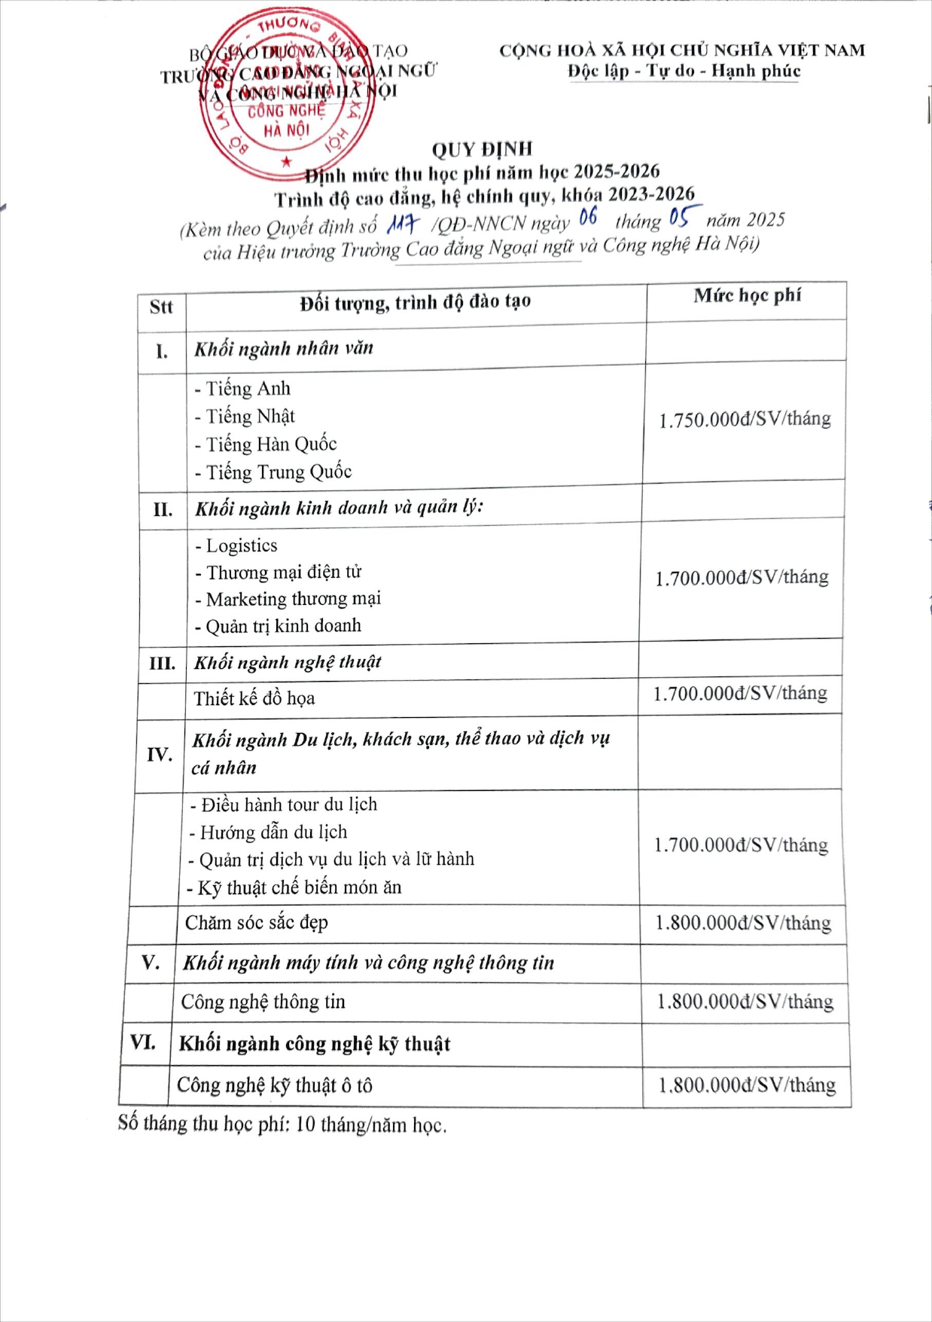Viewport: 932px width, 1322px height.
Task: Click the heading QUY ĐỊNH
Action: point(482,149)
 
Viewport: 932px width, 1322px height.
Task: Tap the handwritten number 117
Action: point(402,223)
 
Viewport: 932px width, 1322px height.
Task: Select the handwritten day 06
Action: point(588,218)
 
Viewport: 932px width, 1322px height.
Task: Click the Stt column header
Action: point(161,307)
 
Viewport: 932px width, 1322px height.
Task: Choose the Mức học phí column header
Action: point(747,295)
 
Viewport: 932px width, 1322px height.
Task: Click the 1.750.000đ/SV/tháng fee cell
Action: point(745,420)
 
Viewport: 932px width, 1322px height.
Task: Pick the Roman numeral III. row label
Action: point(162,664)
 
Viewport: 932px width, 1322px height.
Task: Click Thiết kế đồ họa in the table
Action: point(254,699)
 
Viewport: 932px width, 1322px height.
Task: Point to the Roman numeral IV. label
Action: point(160,754)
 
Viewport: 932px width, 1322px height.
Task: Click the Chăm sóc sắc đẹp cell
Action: point(257,923)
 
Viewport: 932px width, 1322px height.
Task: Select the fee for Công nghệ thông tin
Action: point(745,1002)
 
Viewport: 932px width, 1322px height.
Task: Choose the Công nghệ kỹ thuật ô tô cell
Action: point(275,1085)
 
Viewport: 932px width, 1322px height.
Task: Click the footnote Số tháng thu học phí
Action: point(282,1125)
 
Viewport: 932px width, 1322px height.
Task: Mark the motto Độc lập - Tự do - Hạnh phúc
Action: point(684,72)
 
